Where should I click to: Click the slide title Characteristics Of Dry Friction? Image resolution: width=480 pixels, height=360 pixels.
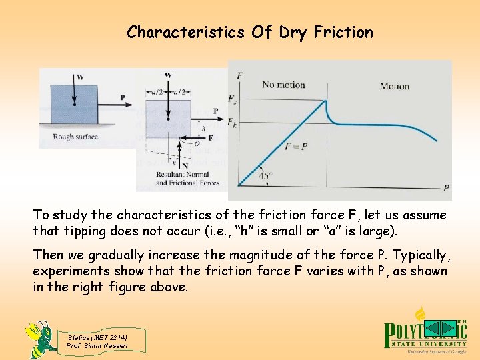tap(250, 32)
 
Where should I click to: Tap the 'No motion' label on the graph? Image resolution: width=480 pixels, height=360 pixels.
tap(283, 85)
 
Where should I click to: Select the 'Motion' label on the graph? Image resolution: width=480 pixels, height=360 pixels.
tap(394, 86)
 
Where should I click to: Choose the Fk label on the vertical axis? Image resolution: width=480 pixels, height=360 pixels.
tap(232, 123)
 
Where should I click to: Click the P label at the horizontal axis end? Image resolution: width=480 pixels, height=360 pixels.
tap(445, 188)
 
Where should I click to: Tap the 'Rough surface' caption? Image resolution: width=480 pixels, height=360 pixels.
tap(75, 137)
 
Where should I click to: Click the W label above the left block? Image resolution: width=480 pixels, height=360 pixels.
tap(80, 77)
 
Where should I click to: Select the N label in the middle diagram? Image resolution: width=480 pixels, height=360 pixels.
tap(184, 165)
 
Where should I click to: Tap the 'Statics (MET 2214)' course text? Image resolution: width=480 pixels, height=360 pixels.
tap(97, 337)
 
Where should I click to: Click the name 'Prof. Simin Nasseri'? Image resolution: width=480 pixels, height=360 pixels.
tap(97, 345)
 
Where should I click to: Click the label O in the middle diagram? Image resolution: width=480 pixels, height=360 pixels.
tap(197, 142)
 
